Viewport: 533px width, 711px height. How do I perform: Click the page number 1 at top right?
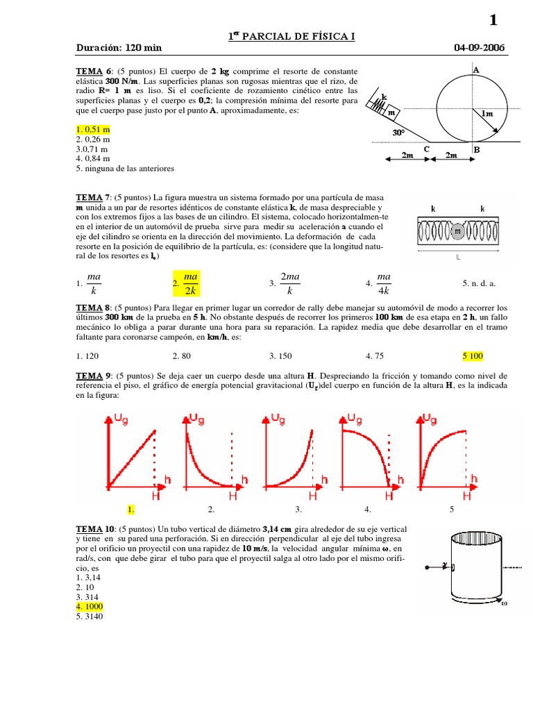tap(493, 20)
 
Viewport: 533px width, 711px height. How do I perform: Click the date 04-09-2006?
tap(479, 48)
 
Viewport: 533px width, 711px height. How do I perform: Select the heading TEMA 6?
tap(94, 72)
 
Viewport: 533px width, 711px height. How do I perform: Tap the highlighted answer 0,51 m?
tap(93, 130)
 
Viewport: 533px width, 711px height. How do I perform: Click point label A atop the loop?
tap(476, 70)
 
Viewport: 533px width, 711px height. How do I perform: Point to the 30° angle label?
tap(398, 133)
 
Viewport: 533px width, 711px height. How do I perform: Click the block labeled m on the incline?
tap(391, 112)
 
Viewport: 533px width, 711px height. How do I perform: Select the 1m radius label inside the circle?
tap(487, 113)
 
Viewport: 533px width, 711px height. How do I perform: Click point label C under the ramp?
tap(427, 149)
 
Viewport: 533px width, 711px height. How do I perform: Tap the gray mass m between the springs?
tap(457, 232)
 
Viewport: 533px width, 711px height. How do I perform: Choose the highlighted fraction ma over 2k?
tap(187, 283)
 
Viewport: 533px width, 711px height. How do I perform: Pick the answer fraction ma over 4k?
tap(383, 283)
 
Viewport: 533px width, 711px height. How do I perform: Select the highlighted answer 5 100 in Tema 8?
tap(473, 356)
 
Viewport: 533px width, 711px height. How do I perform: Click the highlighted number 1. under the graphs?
tap(131, 510)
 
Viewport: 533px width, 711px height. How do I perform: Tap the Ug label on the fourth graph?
tap(355, 419)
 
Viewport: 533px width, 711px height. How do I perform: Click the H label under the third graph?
tap(313, 496)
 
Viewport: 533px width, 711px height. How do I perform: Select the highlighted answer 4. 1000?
tap(90, 607)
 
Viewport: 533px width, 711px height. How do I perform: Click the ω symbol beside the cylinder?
tap(505, 603)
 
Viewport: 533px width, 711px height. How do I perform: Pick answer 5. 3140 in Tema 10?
tap(90, 617)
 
